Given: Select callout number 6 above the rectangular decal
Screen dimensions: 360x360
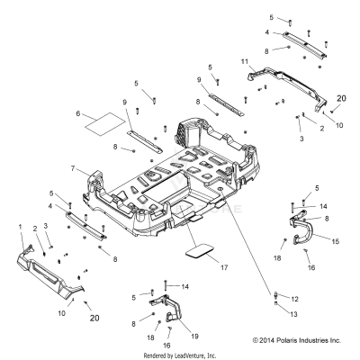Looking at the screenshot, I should pos(78,113).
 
